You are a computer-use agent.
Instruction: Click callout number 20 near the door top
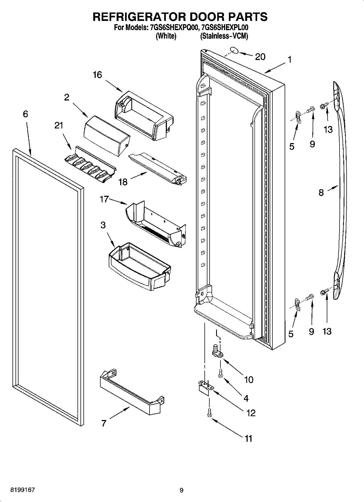click(260, 57)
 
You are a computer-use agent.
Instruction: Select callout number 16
click(97, 75)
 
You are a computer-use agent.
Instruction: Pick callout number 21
click(59, 125)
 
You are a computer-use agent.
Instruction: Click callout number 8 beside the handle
click(321, 192)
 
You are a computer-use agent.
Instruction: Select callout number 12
click(250, 413)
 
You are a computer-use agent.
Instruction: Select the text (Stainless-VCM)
click(224, 36)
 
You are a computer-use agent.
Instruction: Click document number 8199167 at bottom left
click(23, 490)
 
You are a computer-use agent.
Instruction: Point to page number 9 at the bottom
click(181, 490)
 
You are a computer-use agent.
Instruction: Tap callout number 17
click(104, 200)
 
